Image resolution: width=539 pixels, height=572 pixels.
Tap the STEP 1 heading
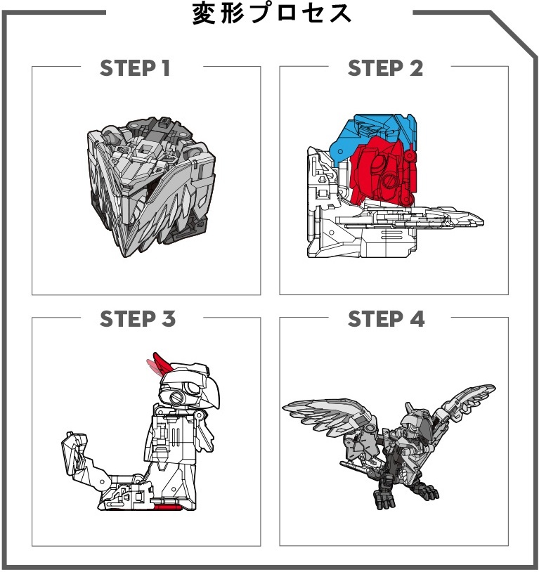136,68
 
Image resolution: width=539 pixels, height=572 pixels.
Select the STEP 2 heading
385,68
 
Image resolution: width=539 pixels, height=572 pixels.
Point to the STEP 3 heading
137,319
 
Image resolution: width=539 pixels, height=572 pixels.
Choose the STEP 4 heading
387,319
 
